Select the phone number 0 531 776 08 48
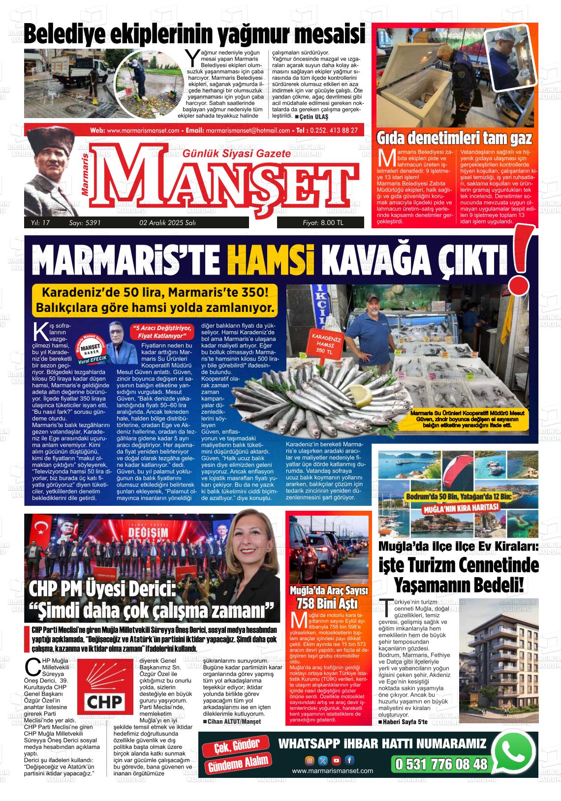[x=440, y=764]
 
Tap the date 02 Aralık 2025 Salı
[x=167, y=223]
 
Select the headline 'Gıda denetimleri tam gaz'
[x=454, y=139]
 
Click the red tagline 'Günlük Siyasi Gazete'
[x=236, y=154]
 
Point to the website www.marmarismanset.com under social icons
[x=332, y=771]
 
